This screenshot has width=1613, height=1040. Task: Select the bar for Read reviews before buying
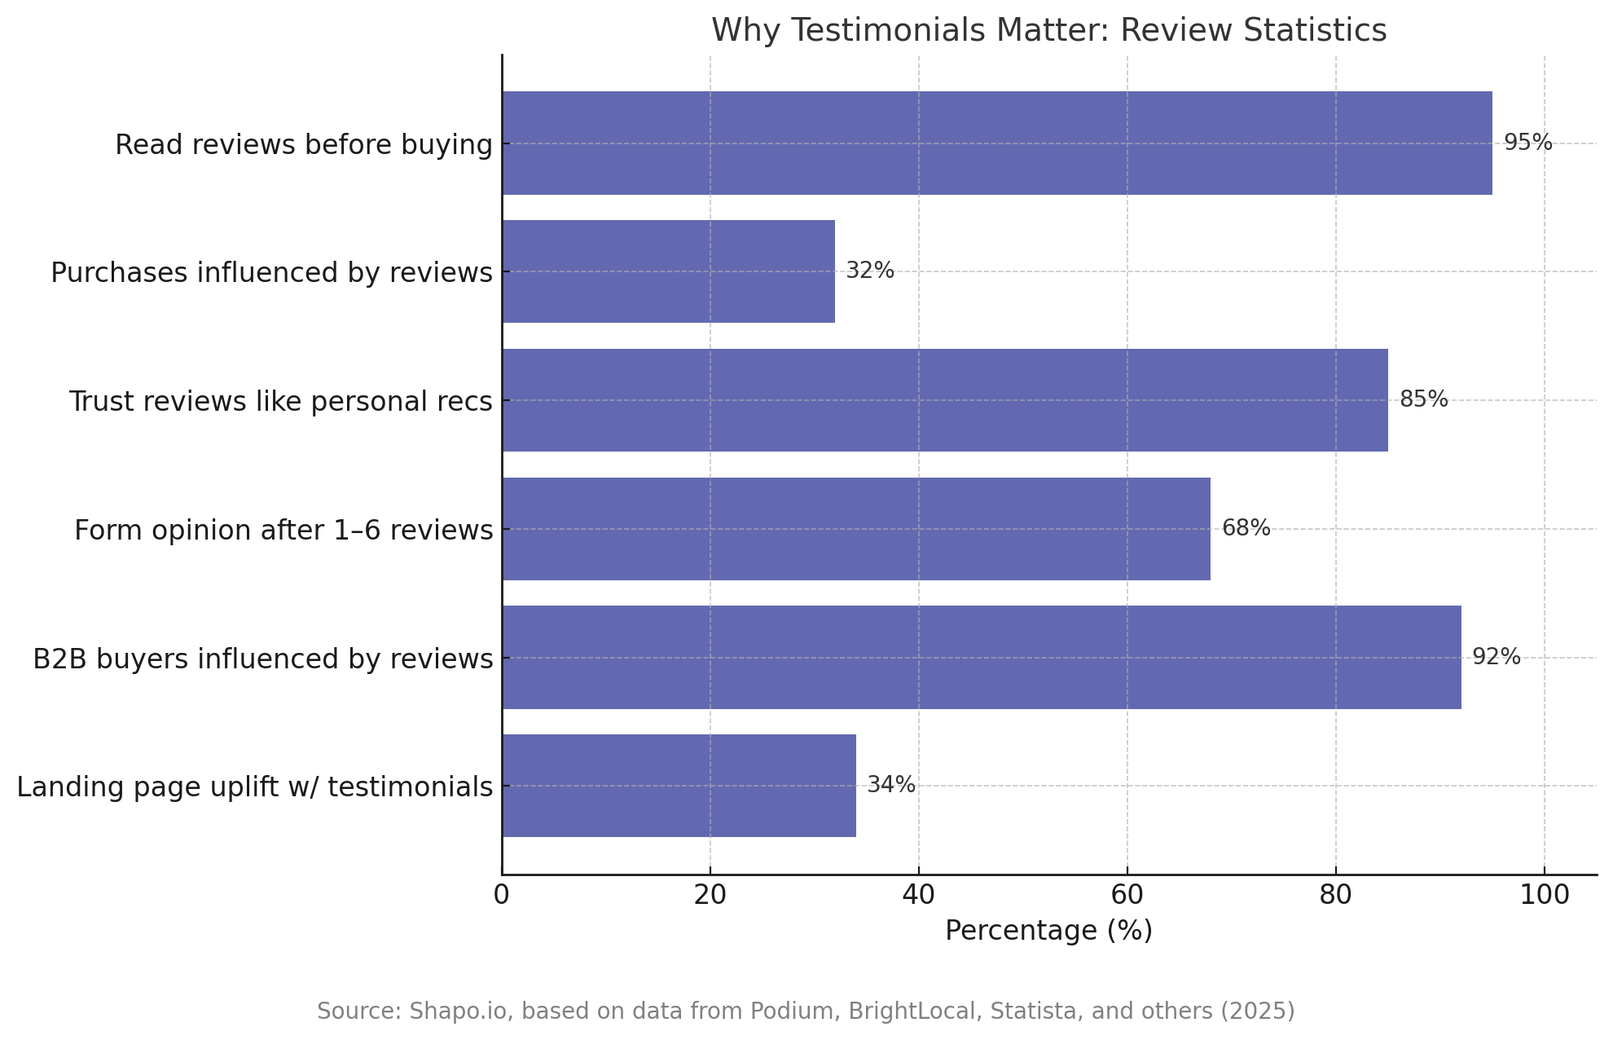[996, 143]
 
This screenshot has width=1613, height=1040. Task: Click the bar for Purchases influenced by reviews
[668, 271]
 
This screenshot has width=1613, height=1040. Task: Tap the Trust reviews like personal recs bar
[944, 400]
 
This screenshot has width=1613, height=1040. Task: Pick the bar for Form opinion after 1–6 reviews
[855, 529]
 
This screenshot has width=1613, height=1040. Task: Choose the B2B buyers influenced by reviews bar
[981, 657]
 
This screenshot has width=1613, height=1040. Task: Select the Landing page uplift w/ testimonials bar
[679, 786]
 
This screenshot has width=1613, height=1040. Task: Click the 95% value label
[1527, 143]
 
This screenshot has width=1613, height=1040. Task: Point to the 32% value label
[869, 271]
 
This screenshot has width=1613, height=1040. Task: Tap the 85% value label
[1423, 399]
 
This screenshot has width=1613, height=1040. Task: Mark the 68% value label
[1246, 528]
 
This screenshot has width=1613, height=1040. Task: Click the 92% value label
[1496, 657]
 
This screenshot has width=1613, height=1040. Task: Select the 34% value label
[890, 785]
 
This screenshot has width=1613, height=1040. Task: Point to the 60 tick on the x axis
[1127, 895]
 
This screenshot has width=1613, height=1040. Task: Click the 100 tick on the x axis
[1544, 895]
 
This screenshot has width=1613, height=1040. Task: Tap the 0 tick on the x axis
[502, 895]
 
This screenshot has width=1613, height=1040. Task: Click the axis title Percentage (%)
[1048, 931]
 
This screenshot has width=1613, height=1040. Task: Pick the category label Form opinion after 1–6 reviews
[283, 531]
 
